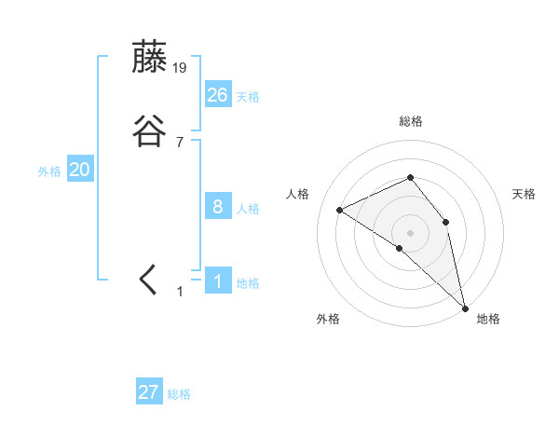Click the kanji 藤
pyautogui.click(x=149, y=58)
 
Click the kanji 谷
pyautogui.click(x=149, y=132)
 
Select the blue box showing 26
pyautogui.click(x=218, y=94)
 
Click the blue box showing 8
pyautogui.click(x=218, y=207)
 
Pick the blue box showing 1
pyautogui.click(x=218, y=281)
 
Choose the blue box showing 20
pyautogui.click(x=80, y=170)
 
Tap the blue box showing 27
pyautogui.click(x=149, y=392)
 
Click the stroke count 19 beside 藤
pyautogui.click(x=181, y=67)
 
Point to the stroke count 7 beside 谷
pyautogui.click(x=180, y=142)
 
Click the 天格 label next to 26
pyautogui.click(x=248, y=97)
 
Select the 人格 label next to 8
pyautogui.click(x=248, y=210)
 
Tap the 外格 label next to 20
pyautogui.click(x=49, y=171)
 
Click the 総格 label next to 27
pyautogui.click(x=179, y=395)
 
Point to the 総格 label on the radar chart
pyautogui.click(x=410, y=122)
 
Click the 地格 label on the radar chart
pyautogui.click(x=488, y=320)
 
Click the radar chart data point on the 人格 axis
pyautogui.click(x=340, y=210)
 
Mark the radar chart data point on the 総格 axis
pyautogui.click(x=410, y=177)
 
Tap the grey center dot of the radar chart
pyautogui.click(x=410, y=232)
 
